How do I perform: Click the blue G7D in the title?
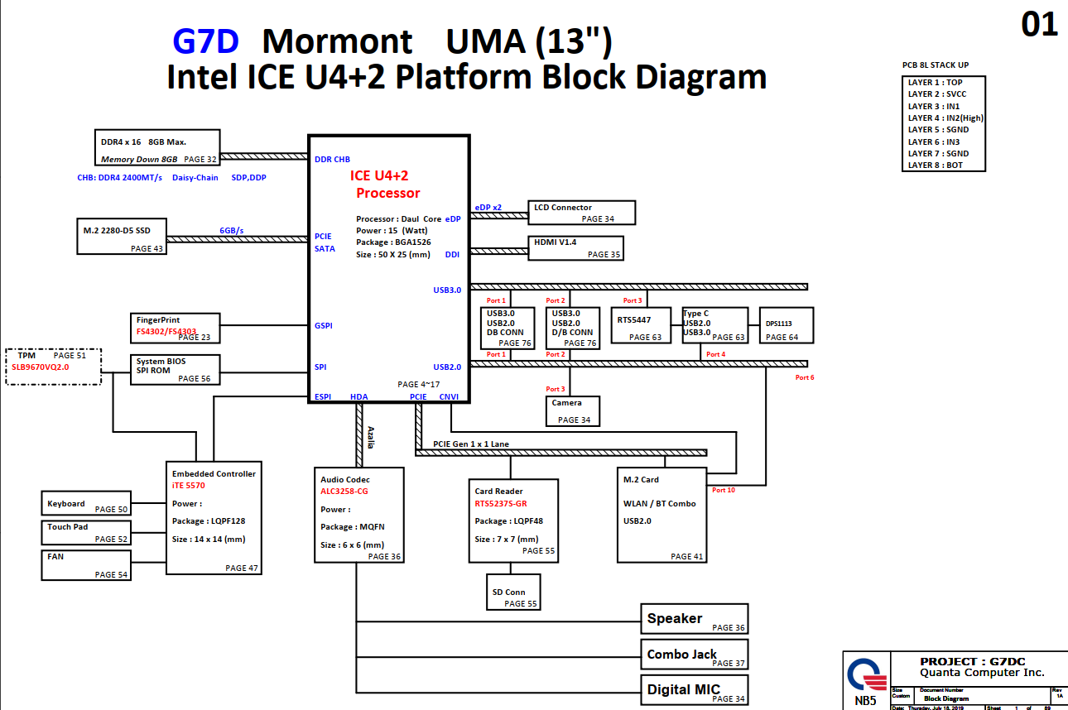click(x=205, y=41)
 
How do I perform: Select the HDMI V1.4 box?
click(x=575, y=248)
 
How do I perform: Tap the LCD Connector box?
click(x=583, y=213)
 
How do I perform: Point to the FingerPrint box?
click(x=176, y=328)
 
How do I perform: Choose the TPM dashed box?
click(x=53, y=366)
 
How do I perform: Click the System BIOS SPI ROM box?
click(x=176, y=369)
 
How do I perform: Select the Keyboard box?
click(x=86, y=503)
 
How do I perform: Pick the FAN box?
click(x=86, y=564)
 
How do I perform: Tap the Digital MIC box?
click(x=695, y=689)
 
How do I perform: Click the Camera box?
click(x=573, y=410)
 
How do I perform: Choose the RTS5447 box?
click(x=644, y=325)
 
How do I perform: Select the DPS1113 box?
click(x=787, y=325)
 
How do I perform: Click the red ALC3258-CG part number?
click(x=344, y=492)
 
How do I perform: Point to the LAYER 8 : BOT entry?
click(x=935, y=165)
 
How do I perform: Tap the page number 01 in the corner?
click(x=1039, y=25)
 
